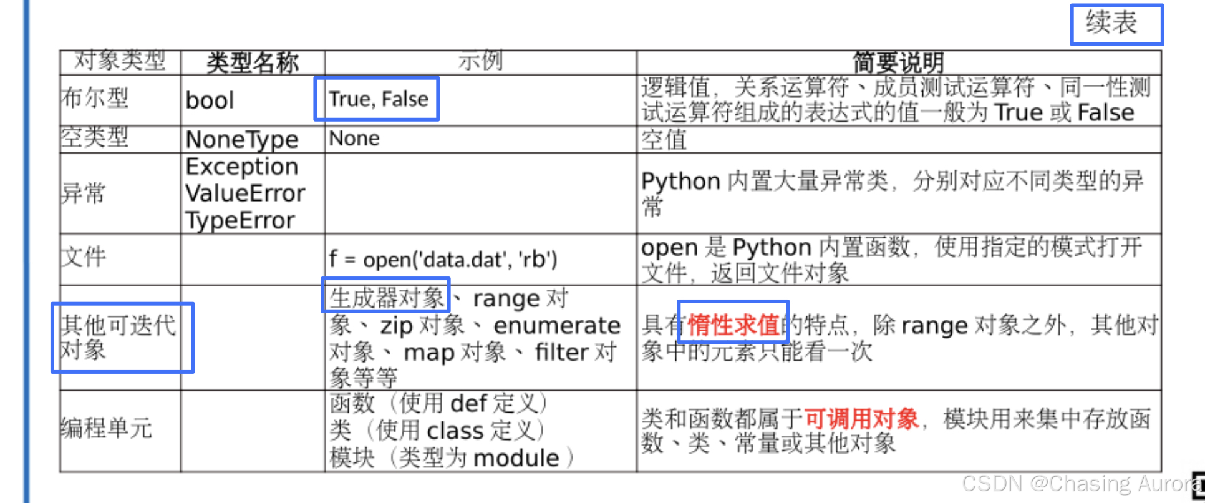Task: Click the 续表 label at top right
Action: (x=1111, y=23)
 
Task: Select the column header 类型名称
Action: (x=253, y=63)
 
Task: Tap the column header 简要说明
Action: (x=898, y=63)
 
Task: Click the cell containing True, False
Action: (x=379, y=99)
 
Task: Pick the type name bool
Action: (x=210, y=100)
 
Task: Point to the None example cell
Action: (x=354, y=139)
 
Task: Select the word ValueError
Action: (x=245, y=193)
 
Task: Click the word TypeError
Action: (x=240, y=221)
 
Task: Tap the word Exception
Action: (x=242, y=167)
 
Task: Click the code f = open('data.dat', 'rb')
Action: (x=443, y=259)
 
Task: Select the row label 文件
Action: (x=84, y=256)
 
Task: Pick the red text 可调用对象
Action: (x=862, y=419)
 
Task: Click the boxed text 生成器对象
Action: (x=387, y=298)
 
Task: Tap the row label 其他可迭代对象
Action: (x=119, y=337)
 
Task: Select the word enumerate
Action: (x=557, y=326)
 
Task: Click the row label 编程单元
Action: (x=107, y=428)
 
